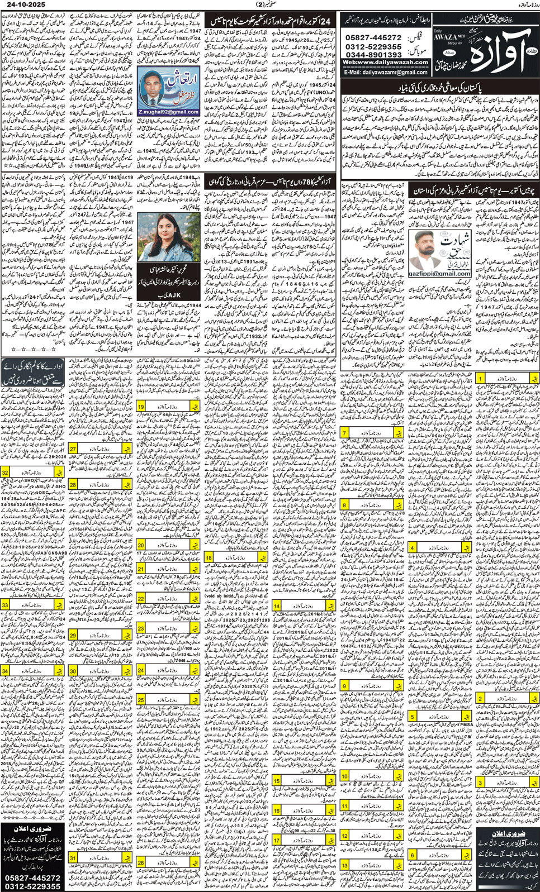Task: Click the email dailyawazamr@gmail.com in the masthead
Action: (x=386, y=72)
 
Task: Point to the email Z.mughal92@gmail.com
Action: (x=168, y=112)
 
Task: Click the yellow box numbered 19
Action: (x=141, y=407)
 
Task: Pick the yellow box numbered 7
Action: (x=345, y=433)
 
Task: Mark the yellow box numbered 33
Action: (x=5, y=605)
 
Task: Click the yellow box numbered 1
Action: (x=481, y=379)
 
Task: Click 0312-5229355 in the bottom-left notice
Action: (x=32, y=886)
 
